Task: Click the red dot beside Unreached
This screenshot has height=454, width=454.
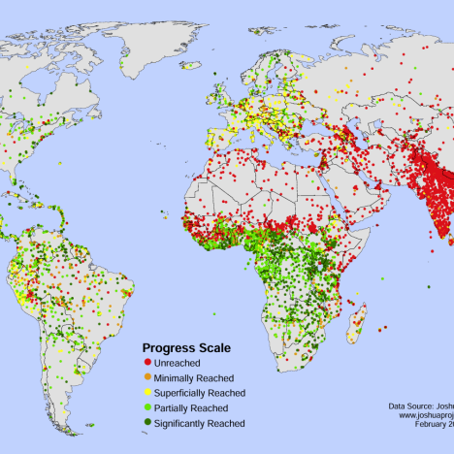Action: point(146,362)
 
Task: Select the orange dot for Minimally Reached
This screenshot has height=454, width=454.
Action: point(146,377)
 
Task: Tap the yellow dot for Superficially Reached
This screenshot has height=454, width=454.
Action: point(146,393)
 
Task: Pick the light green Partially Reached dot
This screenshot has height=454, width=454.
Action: point(146,407)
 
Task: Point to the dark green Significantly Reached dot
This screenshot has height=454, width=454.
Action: point(146,423)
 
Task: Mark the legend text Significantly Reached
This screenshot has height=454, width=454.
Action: point(206,423)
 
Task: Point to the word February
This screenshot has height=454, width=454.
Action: point(426,425)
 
